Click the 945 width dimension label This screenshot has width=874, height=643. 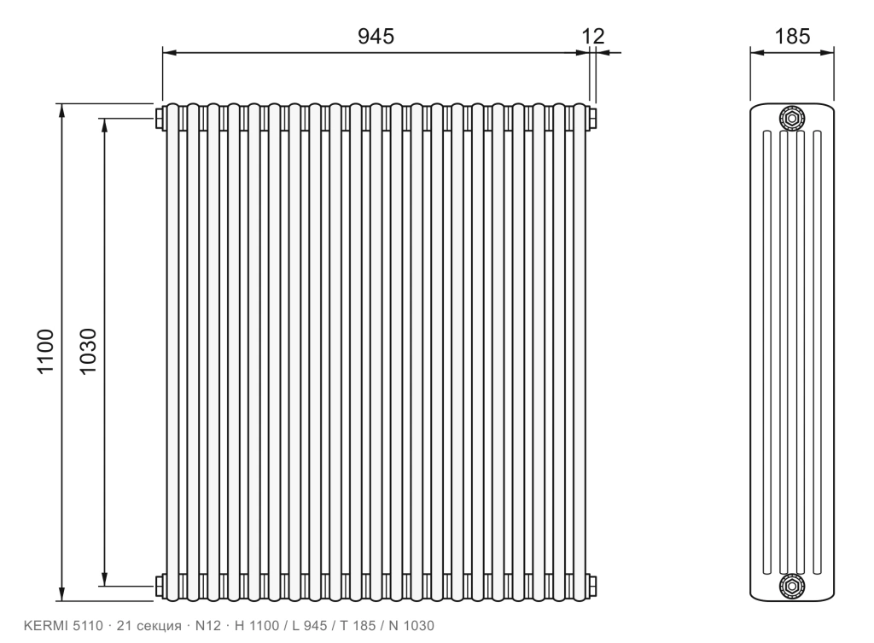(376, 36)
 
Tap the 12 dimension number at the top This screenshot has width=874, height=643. (593, 36)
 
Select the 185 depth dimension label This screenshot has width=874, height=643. (792, 36)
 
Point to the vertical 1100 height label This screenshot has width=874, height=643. (45, 351)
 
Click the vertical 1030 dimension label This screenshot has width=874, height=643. (88, 351)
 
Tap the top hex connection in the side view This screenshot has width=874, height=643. (791, 118)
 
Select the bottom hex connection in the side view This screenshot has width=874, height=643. (791, 586)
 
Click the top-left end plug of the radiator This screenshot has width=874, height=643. (160, 118)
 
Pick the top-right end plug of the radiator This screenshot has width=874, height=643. (591, 118)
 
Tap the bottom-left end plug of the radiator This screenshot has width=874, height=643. (160, 586)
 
